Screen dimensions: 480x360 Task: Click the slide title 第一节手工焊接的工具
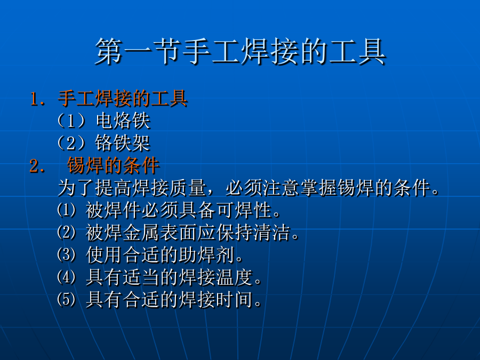click(241, 51)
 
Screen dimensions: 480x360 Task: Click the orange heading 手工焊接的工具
click(123, 99)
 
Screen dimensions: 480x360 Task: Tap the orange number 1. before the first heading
click(37, 99)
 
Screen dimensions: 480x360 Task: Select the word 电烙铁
click(123, 121)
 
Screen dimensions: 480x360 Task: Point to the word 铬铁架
click(123, 143)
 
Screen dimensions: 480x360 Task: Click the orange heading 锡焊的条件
click(113, 165)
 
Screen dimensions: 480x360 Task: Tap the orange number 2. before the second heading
click(37, 166)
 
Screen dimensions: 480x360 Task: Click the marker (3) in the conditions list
click(67, 255)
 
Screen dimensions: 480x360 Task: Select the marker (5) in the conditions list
click(67, 299)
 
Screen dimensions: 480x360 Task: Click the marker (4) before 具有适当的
click(67, 277)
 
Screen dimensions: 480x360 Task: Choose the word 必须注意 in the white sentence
click(262, 188)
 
